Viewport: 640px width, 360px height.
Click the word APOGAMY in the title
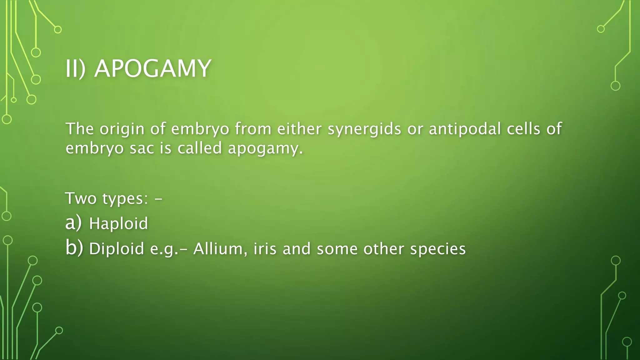coord(152,69)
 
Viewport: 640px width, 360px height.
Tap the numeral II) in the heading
coord(75,69)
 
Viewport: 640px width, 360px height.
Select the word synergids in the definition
coord(364,129)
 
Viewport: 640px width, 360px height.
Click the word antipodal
coord(465,129)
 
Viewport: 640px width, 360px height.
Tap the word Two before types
coord(81,198)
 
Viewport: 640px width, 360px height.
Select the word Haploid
coord(118,224)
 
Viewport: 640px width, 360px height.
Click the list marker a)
coord(73,223)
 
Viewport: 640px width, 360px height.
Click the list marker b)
coord(74,248)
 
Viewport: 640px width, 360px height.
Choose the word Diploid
coord(117,249)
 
